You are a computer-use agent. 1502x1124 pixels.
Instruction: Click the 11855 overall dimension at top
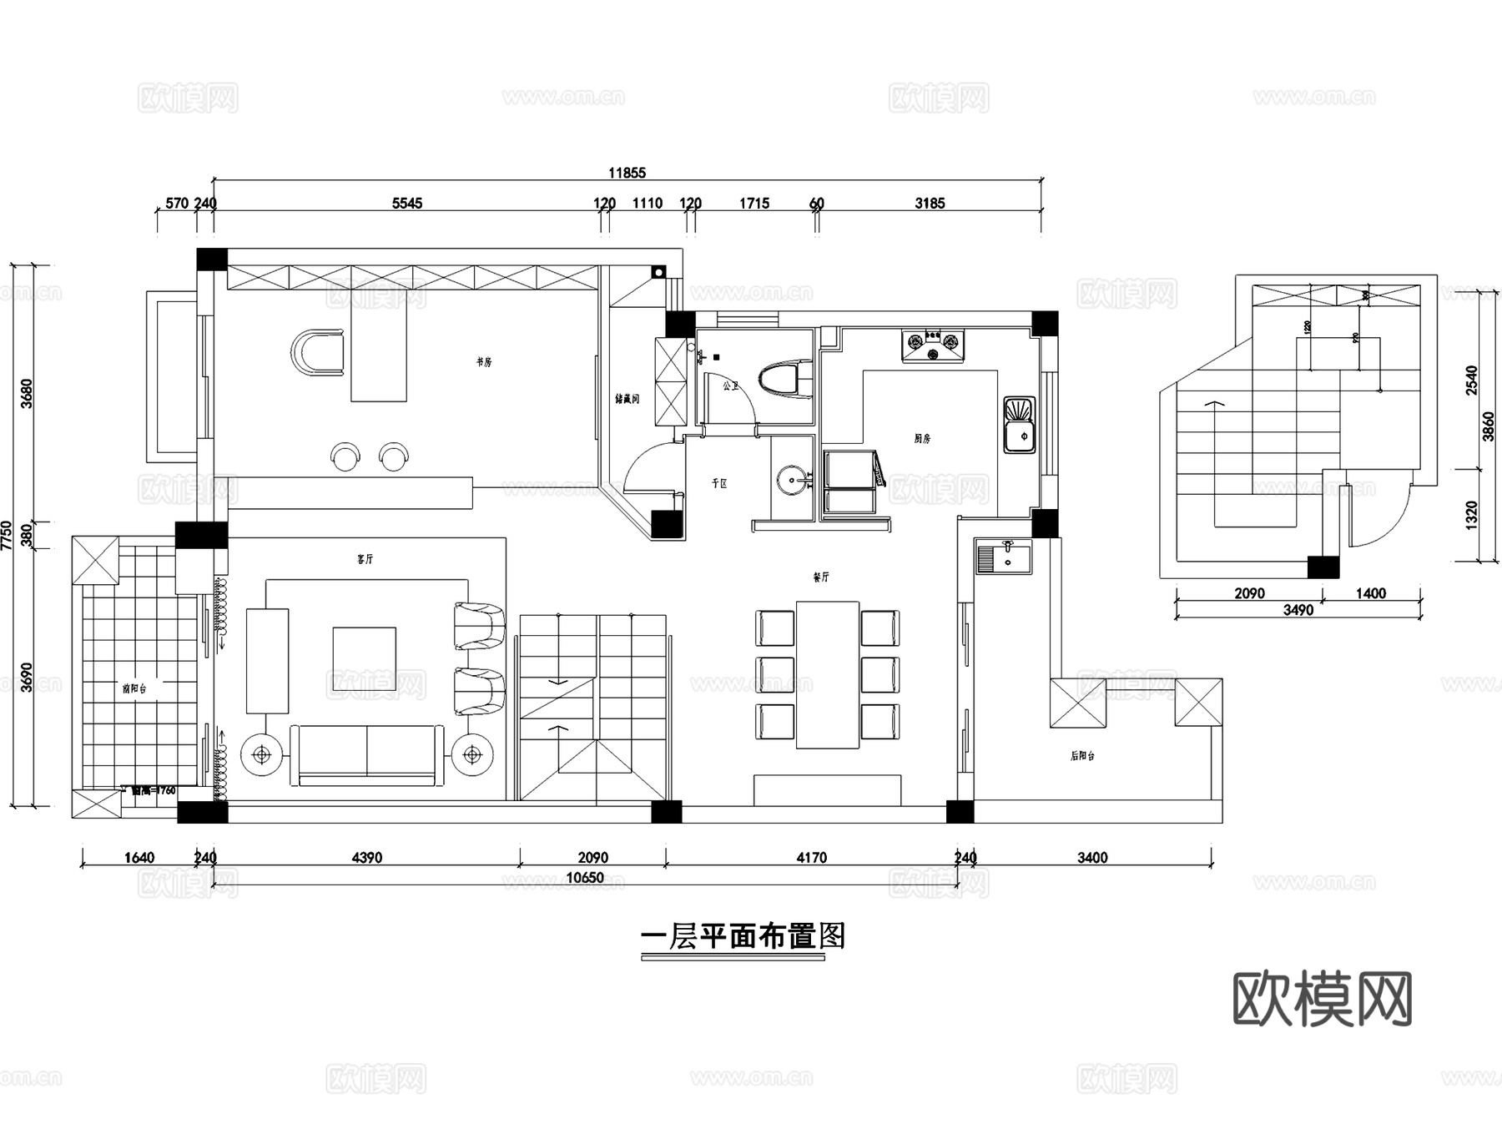[x=627, y=174]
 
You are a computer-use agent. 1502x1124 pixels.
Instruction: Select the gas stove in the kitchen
[x=932, y=345]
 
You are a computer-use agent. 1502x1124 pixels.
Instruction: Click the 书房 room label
[x=484, y=362]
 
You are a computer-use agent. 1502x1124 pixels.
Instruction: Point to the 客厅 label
[x=365, y=559]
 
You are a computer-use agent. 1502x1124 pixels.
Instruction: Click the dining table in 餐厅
[x=827, y=674]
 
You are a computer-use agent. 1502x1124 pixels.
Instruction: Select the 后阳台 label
[x=1082, y=756]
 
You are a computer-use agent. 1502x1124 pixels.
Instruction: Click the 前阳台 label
[x=134, y=688]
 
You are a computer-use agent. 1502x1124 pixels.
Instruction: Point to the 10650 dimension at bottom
[x=584, y=878]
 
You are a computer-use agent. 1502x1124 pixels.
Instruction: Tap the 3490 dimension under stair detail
[x=1298, y=610]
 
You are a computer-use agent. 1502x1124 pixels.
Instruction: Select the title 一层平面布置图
[x=743, y=936]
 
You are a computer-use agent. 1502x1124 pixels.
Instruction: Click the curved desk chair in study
[x=319, y=352]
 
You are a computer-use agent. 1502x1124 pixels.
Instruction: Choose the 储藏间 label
[x=627, y=399]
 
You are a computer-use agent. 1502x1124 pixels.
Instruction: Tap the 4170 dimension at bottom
[x=811, y=857]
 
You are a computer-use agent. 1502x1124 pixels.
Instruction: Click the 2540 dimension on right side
[x=1471, y=381]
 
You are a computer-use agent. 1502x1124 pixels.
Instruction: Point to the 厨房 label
[x=921, y=438]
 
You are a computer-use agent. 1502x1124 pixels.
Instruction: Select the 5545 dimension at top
[x=407, y=204]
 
